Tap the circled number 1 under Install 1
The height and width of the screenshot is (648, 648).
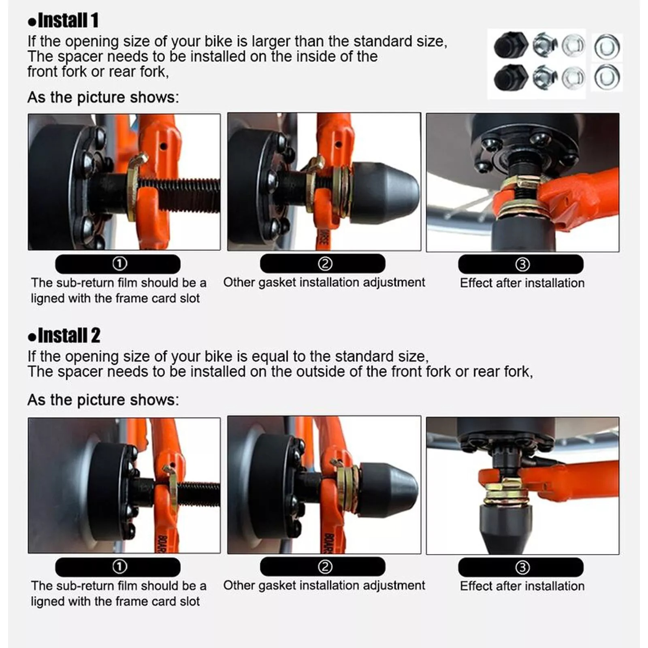(x=119, y=264)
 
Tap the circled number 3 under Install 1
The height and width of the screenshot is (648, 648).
(x=522, y=264)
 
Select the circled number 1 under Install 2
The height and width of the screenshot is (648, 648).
(x=119, y=567)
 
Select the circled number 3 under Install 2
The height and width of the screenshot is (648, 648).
(x=522, y=567)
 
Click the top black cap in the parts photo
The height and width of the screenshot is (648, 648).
(x=511, y=45)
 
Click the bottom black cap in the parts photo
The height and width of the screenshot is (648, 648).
(x=511, y=77)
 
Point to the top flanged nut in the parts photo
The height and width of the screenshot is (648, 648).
(x=545, y=45)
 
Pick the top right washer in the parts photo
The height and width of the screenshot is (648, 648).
(x=607, y=46)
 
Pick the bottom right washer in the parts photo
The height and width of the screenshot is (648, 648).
(x=607, y=77)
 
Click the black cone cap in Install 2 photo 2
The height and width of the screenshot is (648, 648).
(x=388, y=489)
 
